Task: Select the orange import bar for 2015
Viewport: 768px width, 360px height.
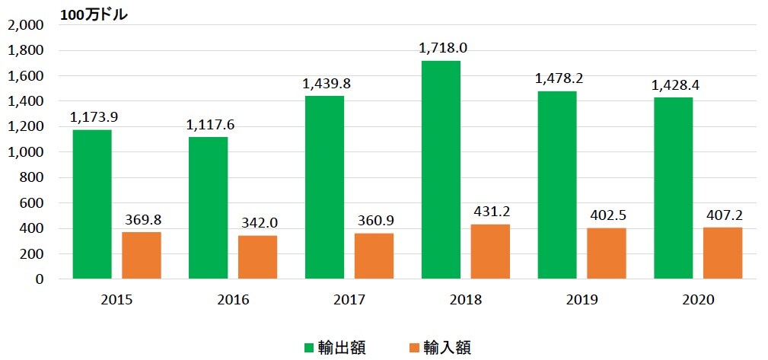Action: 142,256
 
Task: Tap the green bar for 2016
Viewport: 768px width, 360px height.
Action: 208,208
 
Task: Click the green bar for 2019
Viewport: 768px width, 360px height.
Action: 556,185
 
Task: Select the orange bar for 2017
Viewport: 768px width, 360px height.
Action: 374,256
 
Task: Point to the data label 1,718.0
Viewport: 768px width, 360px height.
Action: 442,48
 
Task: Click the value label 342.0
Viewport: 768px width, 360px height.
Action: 257,223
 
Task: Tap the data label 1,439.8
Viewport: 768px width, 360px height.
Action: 326,84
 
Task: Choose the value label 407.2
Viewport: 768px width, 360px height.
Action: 724,215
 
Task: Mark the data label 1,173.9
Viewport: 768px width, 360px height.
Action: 94,117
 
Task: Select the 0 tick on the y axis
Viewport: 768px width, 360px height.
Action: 39,279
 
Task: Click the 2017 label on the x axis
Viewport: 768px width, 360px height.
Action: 349,300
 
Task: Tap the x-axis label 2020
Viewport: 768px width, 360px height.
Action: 697,300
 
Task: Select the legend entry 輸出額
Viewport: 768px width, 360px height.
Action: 342,348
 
